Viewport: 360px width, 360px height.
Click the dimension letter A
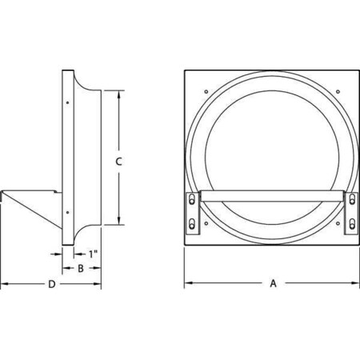tap(273, 283)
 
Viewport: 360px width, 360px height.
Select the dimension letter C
tap(118, 161)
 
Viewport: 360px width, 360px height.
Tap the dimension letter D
tap(51, 284)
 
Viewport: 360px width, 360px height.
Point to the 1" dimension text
tap(94, 254)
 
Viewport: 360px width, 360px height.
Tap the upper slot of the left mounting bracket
tap(193, 202)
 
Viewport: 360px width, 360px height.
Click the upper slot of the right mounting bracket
tap(352, 202)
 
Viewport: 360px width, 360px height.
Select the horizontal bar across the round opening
tap(272, 194)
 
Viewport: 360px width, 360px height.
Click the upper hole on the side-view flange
tap(70, 102)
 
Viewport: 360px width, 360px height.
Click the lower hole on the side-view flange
tap(70, 212)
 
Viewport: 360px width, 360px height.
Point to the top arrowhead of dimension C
tap(118, 94)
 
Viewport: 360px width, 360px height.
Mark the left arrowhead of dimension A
tap(188, 283)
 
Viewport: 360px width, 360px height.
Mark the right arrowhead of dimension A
tap(356, 283)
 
